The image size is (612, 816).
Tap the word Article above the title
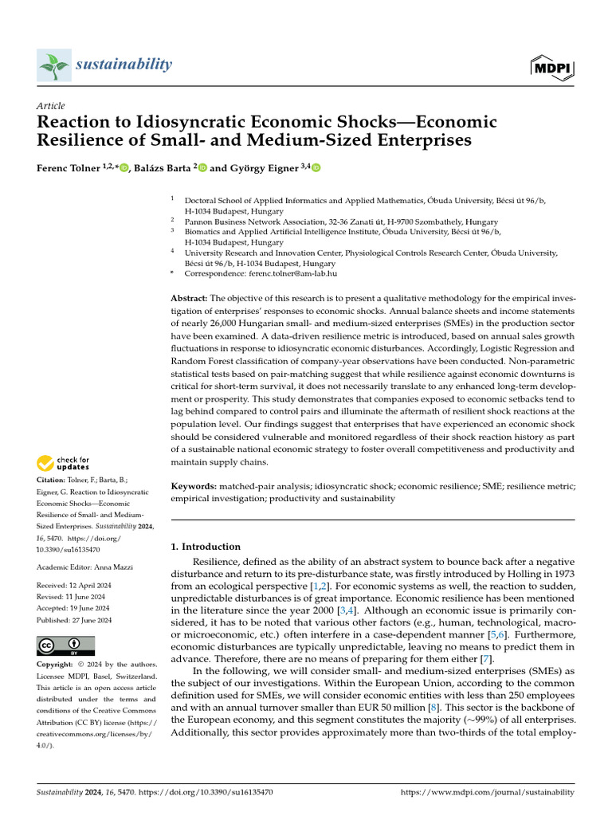(x=51, y=106)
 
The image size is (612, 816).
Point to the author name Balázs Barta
(x=162, y=168)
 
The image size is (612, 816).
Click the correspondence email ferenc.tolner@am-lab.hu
(x=284, y=273)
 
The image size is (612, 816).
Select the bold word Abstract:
(x=190, y=297)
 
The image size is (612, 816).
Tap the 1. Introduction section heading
(x=206, y=547)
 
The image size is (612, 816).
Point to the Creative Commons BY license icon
(x=65, y=645)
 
